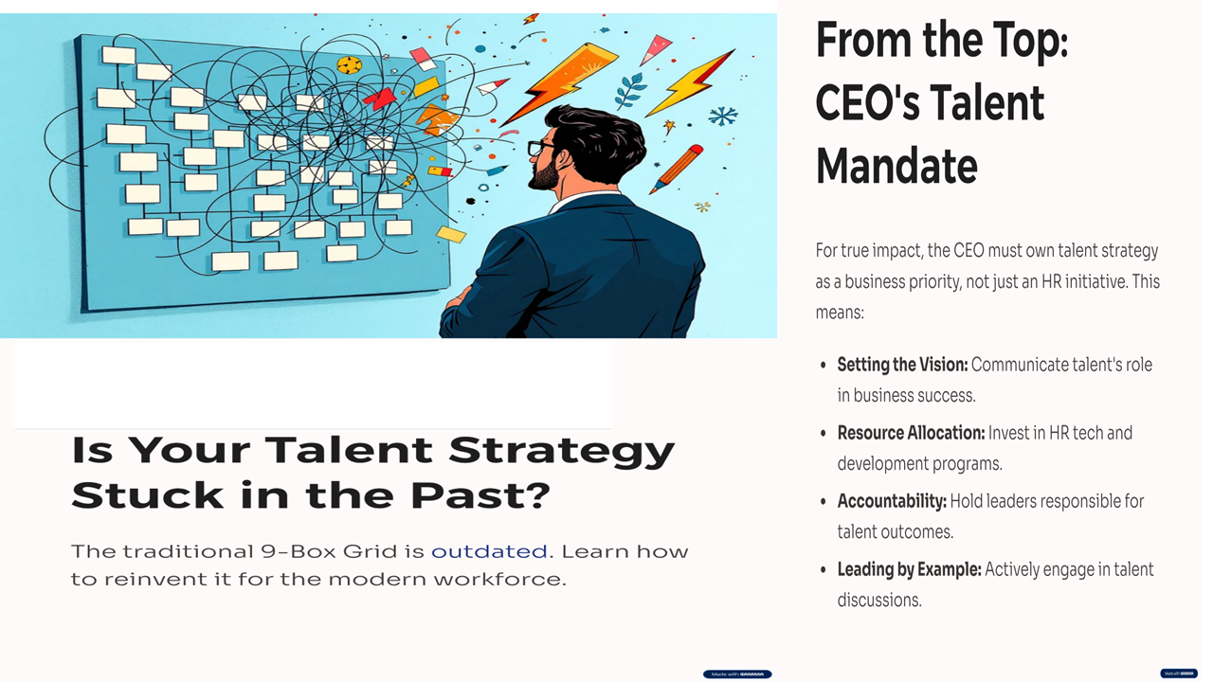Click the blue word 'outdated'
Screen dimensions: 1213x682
coord(489,551)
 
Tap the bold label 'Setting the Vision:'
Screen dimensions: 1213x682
coord(902,365)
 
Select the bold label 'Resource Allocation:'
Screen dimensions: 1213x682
coord(911,433)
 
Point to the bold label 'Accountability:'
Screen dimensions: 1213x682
coord(892,501)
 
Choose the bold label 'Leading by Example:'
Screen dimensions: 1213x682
coord(909,569)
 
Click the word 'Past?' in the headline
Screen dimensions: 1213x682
coord(480,494)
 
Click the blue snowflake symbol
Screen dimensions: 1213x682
coord(723,116)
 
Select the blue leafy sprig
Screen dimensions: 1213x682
coord(630,90)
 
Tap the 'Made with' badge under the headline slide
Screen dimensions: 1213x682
coord(737,673)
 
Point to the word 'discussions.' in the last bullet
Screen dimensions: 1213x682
coord(879,601)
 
